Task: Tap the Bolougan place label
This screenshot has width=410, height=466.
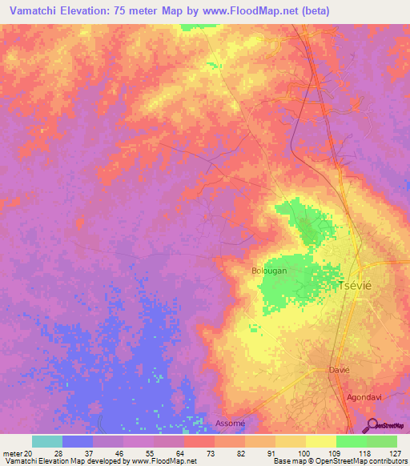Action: (x=269, y=271)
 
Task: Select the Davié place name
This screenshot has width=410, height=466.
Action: (x=340, y=370)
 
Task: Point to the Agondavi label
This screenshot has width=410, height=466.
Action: (x=367, y=396)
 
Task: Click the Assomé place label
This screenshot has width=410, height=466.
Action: (x=230, y=423)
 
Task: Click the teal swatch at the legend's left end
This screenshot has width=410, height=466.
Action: (x=47, y=441)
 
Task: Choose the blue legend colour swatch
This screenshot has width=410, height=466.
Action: (x=78, y=441)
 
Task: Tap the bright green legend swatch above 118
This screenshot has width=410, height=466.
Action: (x=351, y=441)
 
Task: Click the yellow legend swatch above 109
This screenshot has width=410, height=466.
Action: (x=320, y=441)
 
